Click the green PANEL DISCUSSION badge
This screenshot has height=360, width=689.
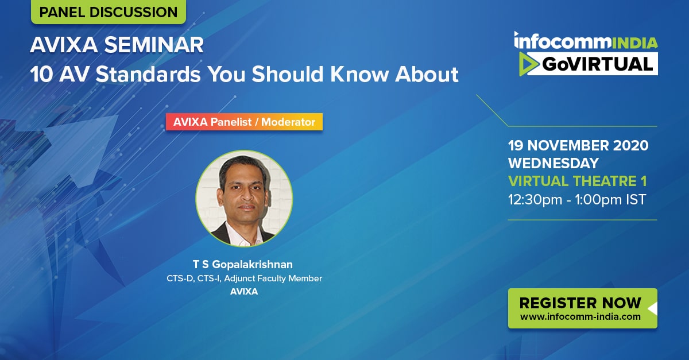[109, 11]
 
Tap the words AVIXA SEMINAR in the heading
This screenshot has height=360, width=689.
[117, 45]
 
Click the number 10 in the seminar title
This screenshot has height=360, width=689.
[42, 74]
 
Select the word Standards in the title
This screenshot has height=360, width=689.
[148, 74]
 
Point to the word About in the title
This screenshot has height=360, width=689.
[427, 74]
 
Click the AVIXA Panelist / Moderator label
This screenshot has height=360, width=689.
[244, 122]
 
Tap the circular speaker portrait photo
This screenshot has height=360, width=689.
[244, 199]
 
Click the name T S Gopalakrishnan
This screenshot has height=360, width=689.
[243, 264]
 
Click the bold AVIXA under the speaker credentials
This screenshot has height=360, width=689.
[244, 292]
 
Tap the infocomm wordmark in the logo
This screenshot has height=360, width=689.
[563, 41]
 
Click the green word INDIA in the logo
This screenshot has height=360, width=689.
[635, 42]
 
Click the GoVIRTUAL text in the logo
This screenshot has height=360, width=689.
[597, 64]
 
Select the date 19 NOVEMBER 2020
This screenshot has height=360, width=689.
[578, 145]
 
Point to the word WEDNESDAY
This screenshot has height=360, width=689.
[553, 163]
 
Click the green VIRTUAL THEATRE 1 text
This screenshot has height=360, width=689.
[578, 181]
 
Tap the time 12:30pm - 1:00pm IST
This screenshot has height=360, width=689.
[577, 199]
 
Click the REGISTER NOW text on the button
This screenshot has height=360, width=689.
[580, 303]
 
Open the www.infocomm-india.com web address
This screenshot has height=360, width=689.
[580, 316]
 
